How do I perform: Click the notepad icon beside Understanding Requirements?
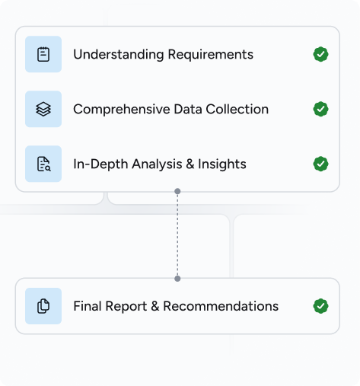[43, 54]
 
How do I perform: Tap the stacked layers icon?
[43, 109]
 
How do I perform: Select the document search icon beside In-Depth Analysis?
[43, 164]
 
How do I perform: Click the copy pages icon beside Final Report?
[43, 306]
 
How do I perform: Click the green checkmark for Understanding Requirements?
[320, 54]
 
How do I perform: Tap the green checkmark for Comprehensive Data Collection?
[320, 109]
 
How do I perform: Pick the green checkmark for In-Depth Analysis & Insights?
[320, 164]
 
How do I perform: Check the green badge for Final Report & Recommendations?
[320, 306]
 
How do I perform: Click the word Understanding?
[119, 55]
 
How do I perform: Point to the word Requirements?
[211, 55]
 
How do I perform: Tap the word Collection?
[237, 110]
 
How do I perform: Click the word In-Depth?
[100, 164]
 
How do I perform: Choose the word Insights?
[222, 164]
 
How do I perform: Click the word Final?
[88, 306]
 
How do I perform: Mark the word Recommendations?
[221, 306]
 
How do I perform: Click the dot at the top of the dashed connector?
[177, 191]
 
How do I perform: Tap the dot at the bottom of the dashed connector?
[177, 279]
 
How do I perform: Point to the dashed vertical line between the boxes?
[177, 235]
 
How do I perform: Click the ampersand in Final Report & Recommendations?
[155, 306]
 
